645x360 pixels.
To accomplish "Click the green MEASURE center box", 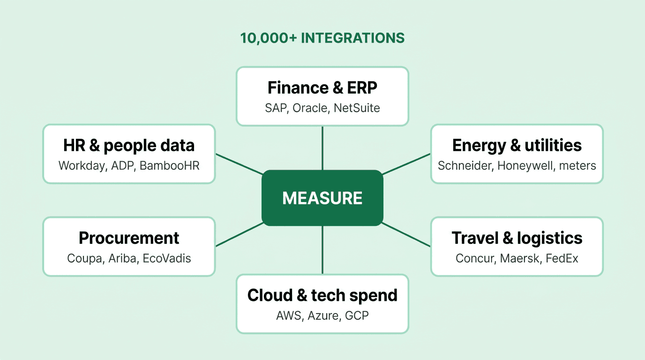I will (322, 198).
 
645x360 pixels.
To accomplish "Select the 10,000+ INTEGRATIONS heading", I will (322, 38).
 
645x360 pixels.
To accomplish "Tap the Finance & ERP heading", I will (322, 88).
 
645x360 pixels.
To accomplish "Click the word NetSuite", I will (357, 108).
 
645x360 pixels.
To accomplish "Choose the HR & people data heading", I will (129, 145).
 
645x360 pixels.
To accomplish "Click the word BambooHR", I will (170, 166).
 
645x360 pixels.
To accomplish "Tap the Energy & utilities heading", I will (517, 145).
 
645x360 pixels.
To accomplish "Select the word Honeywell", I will (525, 166).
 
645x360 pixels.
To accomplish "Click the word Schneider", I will (465, 166).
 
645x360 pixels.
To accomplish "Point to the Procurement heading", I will (129, 238).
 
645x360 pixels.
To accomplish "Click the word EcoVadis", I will (167, 259).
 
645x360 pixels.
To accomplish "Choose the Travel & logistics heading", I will (517, 238).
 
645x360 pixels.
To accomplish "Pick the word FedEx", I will (562, 259).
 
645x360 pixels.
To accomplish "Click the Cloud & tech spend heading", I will (322, 295).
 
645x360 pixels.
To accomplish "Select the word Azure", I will (323, 316).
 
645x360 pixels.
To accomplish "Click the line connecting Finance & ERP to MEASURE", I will (322, 148).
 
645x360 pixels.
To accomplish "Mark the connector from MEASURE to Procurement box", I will (239, 234).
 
